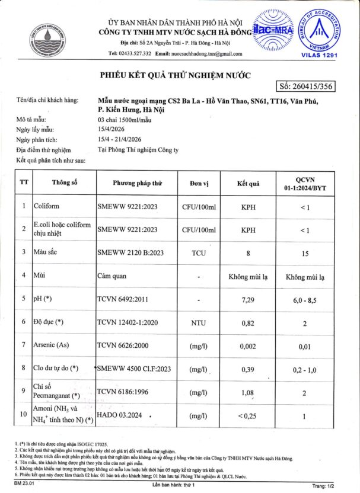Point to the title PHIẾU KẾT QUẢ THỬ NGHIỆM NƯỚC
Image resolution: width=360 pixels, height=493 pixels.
175,75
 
